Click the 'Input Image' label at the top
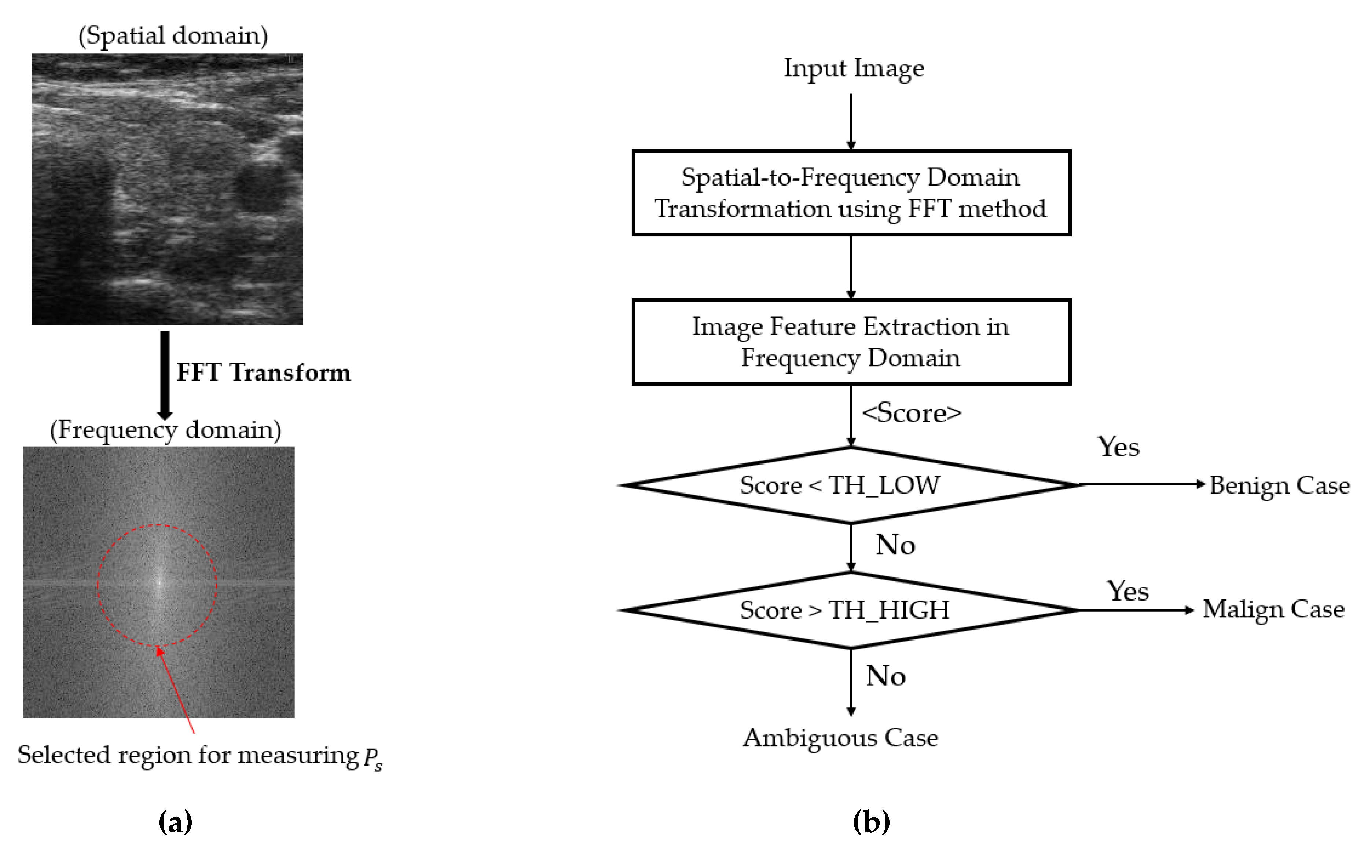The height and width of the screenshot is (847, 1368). [x=853, y=68]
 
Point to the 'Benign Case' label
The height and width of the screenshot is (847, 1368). [x=1280, y=485]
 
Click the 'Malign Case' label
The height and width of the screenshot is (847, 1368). [x=1273, y=609]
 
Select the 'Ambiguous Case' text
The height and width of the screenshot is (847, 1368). [x=840, y=738]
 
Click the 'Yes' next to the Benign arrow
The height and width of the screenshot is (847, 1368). [x=1118, y=447]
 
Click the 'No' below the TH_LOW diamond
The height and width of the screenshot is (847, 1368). [x=895, y=544]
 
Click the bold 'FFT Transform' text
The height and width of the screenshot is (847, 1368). [x=263, y=373]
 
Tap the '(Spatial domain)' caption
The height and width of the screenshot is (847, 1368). [x=173, y=35]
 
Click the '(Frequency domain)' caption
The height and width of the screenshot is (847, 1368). [x=165, y=430]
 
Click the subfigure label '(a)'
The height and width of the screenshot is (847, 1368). [x=175, y=822]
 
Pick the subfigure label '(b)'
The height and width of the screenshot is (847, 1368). [x=871, y=822]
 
